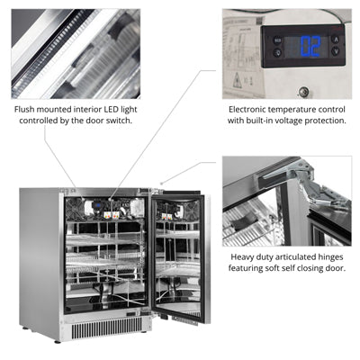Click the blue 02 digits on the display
point(310,46)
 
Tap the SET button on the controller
point(277,40)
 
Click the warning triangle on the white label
point(238,80)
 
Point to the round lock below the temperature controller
point(304,91)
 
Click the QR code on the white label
point(259,21)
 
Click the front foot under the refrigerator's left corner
point(58,340)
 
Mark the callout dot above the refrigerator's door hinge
point(162,183)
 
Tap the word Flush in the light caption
point(24,110)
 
